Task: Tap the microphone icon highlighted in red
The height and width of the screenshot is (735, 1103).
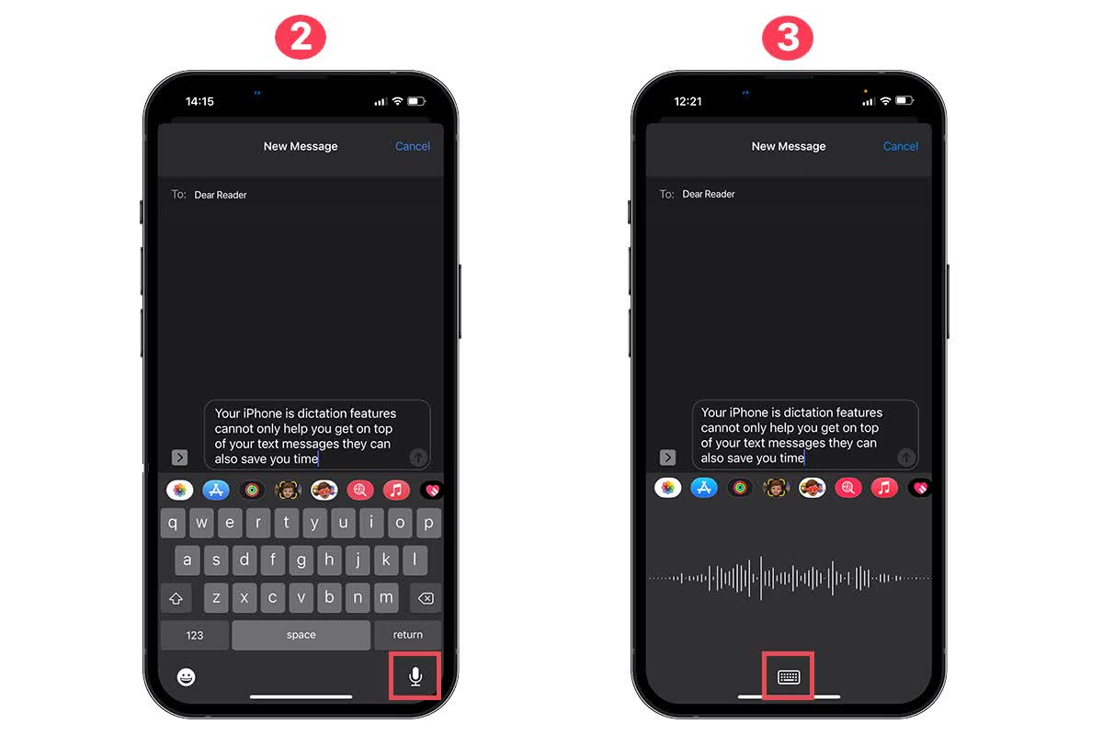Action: [415, 677]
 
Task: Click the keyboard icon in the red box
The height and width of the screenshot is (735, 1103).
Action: [789, 677]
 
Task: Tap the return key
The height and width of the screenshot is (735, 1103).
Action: [407, 635]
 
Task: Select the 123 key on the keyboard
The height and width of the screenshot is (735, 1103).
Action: [194, 635]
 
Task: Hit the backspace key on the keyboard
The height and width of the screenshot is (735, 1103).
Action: [426, 598]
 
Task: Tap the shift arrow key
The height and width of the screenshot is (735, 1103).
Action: [176, 598]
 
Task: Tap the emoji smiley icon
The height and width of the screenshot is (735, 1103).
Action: [187, 677]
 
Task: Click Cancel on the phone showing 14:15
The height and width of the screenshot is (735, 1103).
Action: [413, 146]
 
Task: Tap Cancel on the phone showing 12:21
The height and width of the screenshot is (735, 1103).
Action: [901, 146]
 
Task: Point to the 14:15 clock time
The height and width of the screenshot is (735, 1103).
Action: [199, 101]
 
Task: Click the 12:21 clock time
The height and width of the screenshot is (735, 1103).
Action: [688, 101]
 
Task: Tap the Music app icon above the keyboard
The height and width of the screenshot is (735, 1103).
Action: [396, 490]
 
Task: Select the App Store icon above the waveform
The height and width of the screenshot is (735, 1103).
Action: [705, 488]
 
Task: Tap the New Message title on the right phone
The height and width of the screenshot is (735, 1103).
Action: [789, 146]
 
